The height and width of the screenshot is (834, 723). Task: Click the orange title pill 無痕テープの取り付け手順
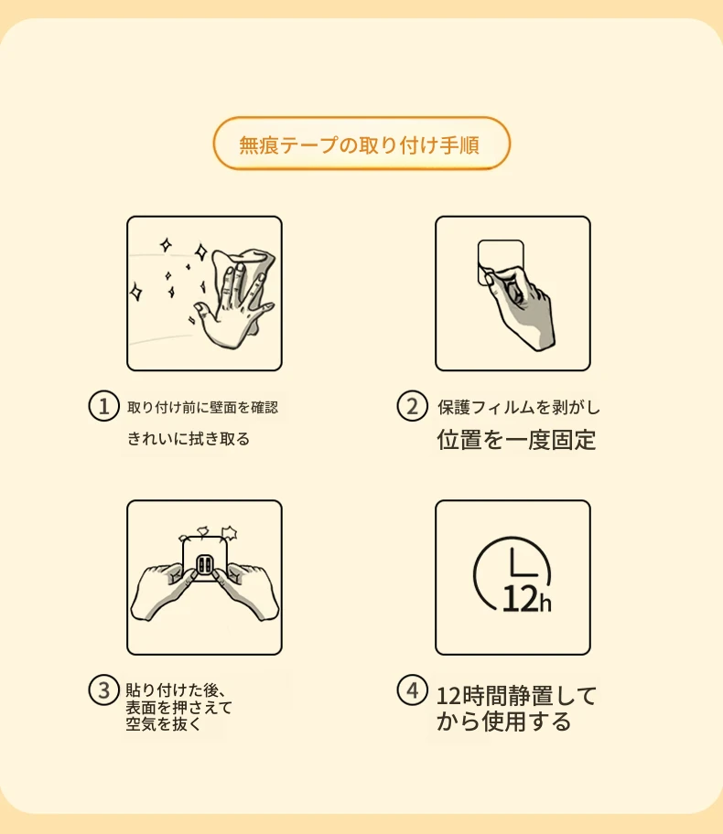(361, 144)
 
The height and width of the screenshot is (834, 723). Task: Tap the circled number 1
(103, 406)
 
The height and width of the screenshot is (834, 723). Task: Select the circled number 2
(412, 406)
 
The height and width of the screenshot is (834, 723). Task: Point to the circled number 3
(103, 690)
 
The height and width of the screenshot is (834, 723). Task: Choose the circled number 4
(412, 690)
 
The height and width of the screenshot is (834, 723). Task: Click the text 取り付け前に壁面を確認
(203, 408)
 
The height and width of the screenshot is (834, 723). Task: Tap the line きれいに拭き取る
(188, 439)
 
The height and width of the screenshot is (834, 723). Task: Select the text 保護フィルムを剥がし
(519, 408)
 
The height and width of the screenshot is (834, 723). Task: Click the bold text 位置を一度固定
(516, 440)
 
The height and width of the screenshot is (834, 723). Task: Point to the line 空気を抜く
(164, 724)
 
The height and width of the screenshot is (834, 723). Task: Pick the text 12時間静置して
(516, 696)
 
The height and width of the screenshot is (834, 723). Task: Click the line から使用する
(503, 722)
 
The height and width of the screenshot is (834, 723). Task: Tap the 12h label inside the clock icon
(526, 599)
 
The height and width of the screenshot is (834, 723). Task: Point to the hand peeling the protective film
(522, 305)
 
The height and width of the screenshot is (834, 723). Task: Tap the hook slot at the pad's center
(204, 565)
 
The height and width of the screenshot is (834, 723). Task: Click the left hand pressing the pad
(160, 591)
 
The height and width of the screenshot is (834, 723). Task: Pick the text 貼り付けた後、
(177, 690)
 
